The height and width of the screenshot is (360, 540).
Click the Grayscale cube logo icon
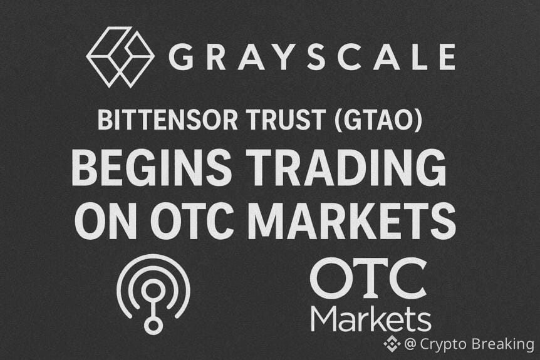pos(120,57)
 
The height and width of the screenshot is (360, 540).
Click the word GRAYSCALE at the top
pos(311,58)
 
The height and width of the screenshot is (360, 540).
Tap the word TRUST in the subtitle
pos(279,121)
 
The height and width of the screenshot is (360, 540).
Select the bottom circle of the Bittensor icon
pos(153,326)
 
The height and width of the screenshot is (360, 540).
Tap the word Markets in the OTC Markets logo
pos(371,317)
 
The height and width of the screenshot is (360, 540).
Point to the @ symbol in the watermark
pos(411,343)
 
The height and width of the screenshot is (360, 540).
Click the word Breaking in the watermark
pos(503,344)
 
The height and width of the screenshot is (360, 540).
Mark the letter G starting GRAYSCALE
pos(180,58)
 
